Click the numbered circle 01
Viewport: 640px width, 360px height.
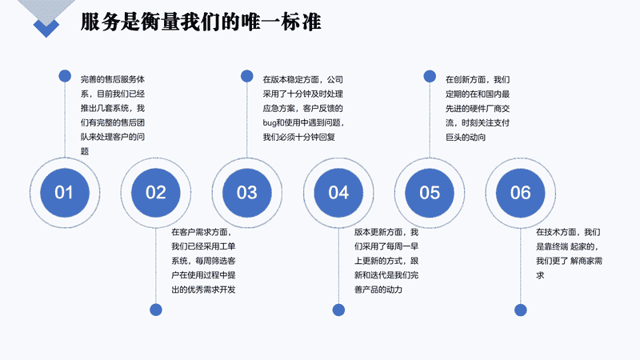click(x=65, y=193)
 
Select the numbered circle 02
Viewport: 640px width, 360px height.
click(x=155, y=193)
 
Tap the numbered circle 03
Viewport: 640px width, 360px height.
click(x=247, y=193)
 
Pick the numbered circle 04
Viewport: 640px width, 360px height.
click(x=338, y=193)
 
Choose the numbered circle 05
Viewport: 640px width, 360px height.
click(x=430, y=193)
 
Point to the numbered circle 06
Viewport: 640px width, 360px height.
click(x=521, y=193)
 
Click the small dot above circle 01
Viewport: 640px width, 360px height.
click(x=65, y=76)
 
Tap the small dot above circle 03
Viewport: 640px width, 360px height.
click(x=247, y=76)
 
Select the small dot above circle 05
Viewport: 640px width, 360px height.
click(x=430, y=76)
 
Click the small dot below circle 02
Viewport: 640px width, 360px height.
click(x=156, y=310)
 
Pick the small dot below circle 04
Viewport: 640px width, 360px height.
click(x=338, y=310)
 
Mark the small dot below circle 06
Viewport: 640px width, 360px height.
click(x=521, y=310)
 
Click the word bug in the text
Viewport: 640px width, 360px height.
click(x=270, y=123)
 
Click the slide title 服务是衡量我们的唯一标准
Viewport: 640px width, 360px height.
click(x=201, y=22)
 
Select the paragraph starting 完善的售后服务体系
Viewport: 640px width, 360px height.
click(x=113, y=115)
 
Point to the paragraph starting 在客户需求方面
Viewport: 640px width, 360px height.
click(x=203, y=261)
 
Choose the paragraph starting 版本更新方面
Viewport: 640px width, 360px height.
click(x=386, y=261)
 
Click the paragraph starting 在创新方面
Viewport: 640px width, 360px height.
click(x=478, y=108)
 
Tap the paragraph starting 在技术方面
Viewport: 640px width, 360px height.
click(x=569, y=254)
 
